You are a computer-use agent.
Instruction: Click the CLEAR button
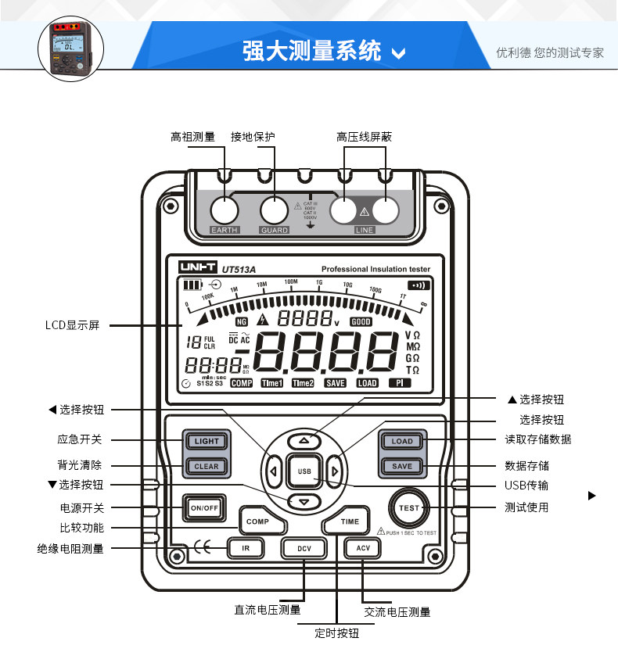(x=207, y=466)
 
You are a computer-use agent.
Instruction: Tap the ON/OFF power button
(x=204, y=507)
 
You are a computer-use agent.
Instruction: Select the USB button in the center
(x=304, y=471)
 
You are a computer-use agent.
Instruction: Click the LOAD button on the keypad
(x=402, y=441)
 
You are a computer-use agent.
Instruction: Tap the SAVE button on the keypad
(x=402, y=466)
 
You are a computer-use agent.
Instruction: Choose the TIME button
(x=349, y=521)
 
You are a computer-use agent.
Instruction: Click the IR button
(x=245, y=548)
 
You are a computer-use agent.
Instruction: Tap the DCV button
(x=304, y=548)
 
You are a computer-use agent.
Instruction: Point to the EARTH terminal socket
(x=224, y=210)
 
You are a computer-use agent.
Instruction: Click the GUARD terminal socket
(x=275, y=210)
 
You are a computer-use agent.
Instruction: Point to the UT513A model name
(x=239, y=269)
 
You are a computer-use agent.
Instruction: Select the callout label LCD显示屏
(x=72, y=325)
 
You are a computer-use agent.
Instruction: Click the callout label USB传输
(x=526, y=486)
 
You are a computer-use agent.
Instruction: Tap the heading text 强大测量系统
(x=311, y=52)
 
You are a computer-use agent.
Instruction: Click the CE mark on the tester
(x=202, y=548)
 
